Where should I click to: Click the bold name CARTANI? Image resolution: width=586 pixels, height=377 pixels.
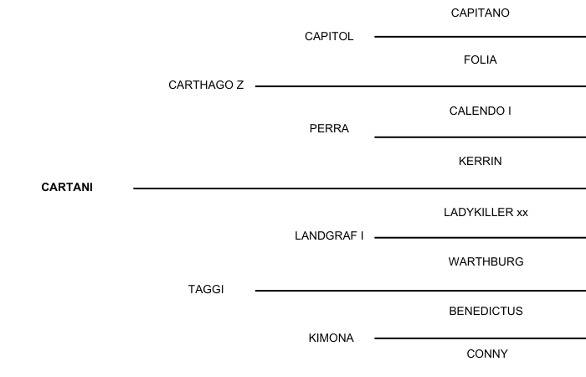tap(67, 188)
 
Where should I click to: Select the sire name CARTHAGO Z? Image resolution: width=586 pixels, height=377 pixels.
tap(206, 85)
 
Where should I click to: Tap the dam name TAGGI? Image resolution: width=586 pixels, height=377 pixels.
tap(206, 290)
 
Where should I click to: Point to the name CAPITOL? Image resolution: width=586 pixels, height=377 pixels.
tap(329, 37)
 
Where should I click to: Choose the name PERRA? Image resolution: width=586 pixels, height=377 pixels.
tap(329, 129)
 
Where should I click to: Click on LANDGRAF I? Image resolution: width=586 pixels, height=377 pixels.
tap(329, 236)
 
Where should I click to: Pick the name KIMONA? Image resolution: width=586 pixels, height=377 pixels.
tap(331, 338)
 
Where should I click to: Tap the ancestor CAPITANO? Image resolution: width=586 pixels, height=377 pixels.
tap(480, 13)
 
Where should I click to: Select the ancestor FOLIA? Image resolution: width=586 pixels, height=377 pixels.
tap(480, 60)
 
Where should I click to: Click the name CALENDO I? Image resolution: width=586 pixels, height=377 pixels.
tap(480, 111)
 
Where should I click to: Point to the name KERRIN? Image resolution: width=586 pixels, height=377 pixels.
tap(480, 162)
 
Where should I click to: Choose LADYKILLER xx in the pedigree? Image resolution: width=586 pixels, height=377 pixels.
tap(486, 213)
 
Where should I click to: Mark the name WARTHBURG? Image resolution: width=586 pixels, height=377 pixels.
tap(486, 262)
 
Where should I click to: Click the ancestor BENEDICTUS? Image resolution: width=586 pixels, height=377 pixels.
tap(486, 312)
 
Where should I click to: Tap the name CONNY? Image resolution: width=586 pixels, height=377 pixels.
tap(486, 354)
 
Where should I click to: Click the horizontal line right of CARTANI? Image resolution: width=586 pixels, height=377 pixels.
tap(360, 188)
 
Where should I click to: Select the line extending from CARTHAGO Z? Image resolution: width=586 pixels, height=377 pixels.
tap(419, 86)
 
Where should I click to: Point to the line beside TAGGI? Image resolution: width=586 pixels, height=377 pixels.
tap(419, 291)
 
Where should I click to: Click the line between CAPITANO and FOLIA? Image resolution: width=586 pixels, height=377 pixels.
tap(480, 37)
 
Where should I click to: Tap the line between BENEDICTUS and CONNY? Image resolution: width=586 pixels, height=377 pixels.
tap(480, 338)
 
